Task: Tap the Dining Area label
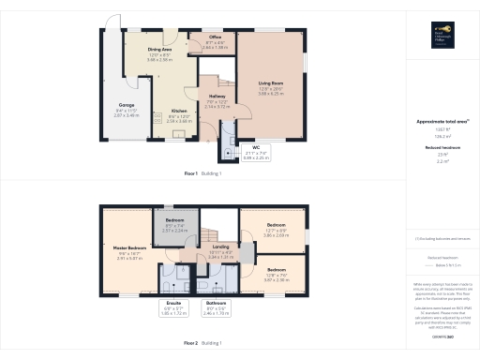(x=160, y=52)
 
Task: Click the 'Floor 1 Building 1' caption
(x=202, y=173)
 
